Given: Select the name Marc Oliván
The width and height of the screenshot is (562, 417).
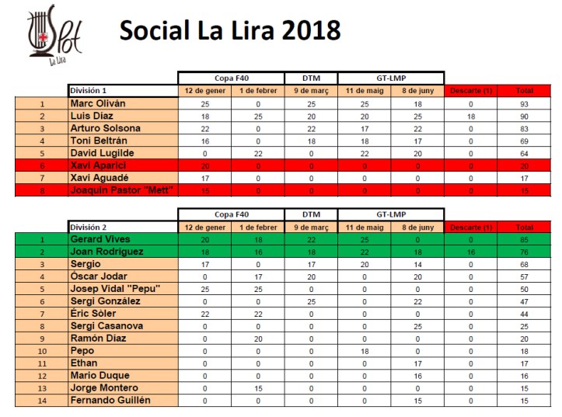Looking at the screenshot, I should coord(99,103).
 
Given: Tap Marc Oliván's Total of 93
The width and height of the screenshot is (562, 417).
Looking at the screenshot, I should coord(525,103).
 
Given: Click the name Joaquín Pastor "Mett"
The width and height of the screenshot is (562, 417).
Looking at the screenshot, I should coord(120,190).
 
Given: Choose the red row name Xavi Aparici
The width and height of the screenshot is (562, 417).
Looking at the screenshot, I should coord(97,165).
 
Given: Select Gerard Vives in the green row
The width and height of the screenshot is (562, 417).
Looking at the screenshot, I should coord(101,239).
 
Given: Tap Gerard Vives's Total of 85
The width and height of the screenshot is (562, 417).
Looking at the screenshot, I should coord(525,239).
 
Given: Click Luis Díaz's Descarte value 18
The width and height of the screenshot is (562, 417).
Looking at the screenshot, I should coord(469,116).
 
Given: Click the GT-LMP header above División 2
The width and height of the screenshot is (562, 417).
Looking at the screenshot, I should coord(391,214).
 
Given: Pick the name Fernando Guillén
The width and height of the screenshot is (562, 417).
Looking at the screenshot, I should coord(110,400).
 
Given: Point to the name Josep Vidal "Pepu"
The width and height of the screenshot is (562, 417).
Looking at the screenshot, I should coord(115,289).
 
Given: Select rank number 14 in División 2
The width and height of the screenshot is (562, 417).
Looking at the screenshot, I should coord(41,400).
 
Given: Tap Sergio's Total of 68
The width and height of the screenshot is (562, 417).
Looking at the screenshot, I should coord(525,264).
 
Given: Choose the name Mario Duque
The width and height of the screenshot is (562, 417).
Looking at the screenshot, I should coord(99,375).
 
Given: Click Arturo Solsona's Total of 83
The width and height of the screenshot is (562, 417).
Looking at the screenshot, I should coord(525,128).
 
